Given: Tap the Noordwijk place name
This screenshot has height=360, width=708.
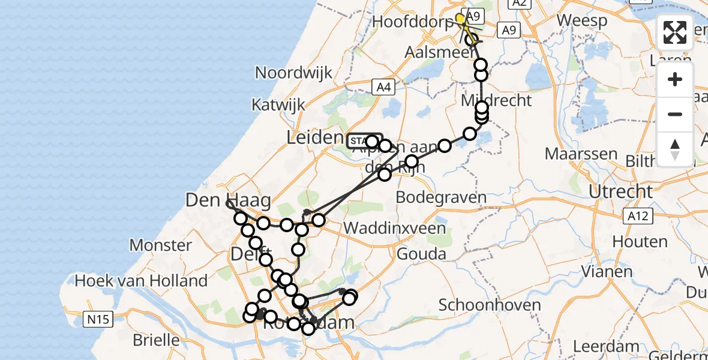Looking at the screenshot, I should coord(293,73).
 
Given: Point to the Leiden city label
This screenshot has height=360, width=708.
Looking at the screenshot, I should coord(314,137).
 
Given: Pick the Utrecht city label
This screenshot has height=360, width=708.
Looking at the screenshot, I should coord(620,192).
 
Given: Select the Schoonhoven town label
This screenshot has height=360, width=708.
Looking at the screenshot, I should coord(490,305).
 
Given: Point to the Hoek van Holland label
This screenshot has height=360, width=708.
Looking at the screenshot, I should coord(142,280).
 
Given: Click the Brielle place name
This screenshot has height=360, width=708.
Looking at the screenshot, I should coord(156,340).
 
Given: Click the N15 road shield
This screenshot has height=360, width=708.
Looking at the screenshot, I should coord(97,319).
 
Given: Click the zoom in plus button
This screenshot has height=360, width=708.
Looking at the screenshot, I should coord(675,80).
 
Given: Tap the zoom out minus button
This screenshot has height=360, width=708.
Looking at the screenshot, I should coord(675,115).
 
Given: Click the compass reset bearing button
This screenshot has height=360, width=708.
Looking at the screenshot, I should coord(675,149).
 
